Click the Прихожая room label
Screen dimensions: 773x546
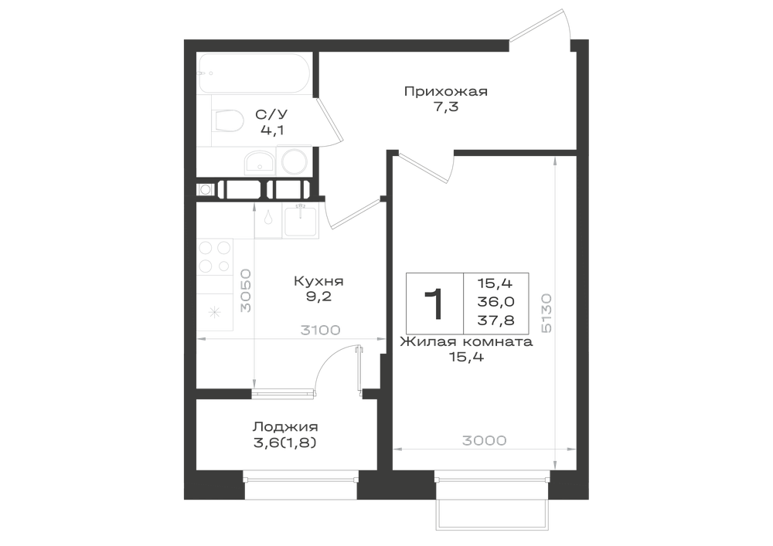click(x=446, y=92)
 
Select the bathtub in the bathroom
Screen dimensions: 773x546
click(x=254, y=73)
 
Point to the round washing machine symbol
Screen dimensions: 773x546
click(x=294, y=161)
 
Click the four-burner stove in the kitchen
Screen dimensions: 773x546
click(x=214, y=256)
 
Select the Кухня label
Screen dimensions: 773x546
click(x=318, y=281)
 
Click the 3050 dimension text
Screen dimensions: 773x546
click(x=246, y=290)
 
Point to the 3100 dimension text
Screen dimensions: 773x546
click(x=321, y=330)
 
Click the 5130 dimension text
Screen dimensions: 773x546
click(x=546, y=313)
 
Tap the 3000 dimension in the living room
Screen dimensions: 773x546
click(x=485, y=440)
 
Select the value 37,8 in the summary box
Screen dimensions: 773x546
click(x=496, y=320)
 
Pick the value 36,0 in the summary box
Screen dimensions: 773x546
click(x=496, y=302)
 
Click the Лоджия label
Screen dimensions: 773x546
click(x=285, y=427)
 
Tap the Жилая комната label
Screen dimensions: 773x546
click(x=466, y=341)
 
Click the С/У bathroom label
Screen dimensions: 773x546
click(x=271, y=115)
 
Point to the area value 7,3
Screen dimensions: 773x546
click(x=446, y=107)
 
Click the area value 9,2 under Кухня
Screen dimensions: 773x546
click(x=318, y=297)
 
